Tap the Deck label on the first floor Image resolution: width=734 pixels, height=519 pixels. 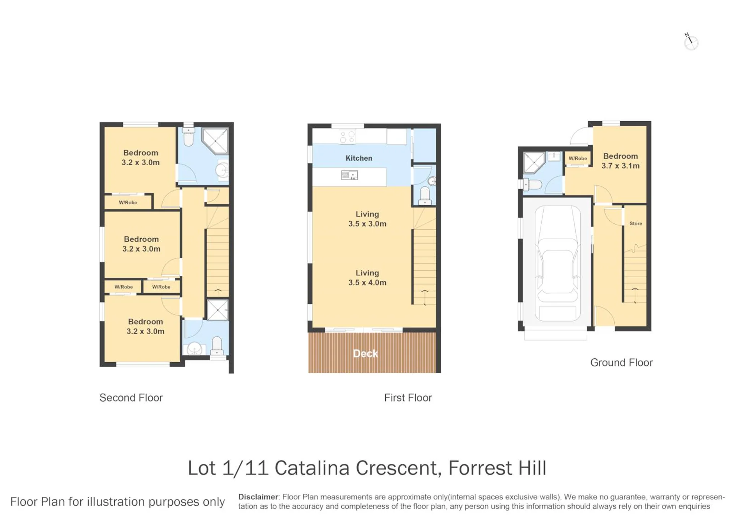365,353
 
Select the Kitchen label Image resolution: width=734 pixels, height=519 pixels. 359,158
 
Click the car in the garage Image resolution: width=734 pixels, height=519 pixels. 557,264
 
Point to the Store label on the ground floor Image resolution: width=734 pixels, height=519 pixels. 636,223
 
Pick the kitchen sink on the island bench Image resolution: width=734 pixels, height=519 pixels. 349,175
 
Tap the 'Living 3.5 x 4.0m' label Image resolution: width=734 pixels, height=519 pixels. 367,278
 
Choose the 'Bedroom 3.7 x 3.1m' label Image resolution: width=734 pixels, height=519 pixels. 620,161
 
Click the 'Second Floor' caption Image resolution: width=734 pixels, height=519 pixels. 131,398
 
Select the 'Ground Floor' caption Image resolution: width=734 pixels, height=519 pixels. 621,363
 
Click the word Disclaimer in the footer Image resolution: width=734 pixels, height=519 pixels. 258,497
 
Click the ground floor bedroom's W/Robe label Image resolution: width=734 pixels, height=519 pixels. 578,158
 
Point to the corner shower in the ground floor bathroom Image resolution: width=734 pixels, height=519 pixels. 534,163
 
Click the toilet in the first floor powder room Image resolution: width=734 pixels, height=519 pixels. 425,195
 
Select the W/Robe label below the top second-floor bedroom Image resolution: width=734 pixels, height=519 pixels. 128,202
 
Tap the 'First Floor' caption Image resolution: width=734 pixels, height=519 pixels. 408,398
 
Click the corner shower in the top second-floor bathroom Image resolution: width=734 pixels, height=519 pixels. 215,141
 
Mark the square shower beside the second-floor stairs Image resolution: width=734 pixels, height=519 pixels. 218,309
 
